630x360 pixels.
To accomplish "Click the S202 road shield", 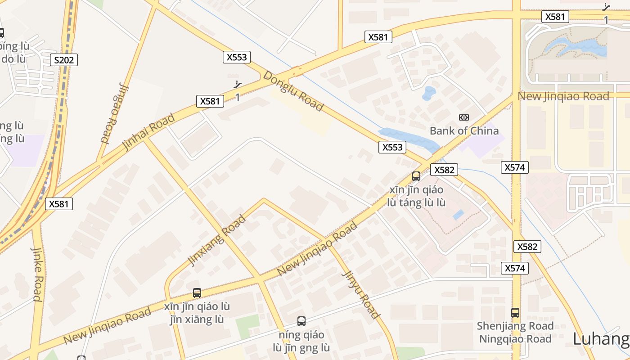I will pos(64,60).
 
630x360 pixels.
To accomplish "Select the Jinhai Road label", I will pos(148,132).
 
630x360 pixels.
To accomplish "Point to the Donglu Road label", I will pos(293,91).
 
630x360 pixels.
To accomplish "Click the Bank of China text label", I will pos(464,131).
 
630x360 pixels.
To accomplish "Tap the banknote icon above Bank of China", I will pos(464,117).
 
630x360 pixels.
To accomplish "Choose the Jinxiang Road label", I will pos(217,240).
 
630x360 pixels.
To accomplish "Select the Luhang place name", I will pos(601,339).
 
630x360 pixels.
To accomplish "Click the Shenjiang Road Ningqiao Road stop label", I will pos(515,332).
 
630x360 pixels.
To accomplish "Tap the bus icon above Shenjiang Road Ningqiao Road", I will pos(515,312).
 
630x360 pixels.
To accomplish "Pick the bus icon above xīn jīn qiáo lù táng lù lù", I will pos(416,176).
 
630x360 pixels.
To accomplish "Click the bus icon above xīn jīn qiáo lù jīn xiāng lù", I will pos(197,293).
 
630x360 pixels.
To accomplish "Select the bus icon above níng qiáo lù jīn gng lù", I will pos(301,321).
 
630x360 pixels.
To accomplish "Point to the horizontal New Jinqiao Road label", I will pos(563,96).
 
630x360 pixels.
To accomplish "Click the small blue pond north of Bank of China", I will pos(429,93).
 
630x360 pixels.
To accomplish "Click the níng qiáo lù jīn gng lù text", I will pos(301,342).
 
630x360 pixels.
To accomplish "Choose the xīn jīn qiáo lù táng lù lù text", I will pos(416,196).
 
